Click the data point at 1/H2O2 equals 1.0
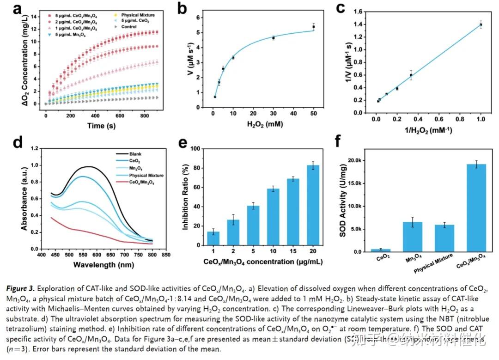pos(481,25)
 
